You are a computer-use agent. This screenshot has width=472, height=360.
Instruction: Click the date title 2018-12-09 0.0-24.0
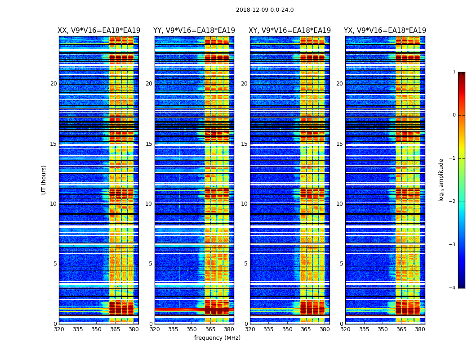point(265,10)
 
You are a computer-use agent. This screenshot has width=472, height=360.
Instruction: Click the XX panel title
point(99,31)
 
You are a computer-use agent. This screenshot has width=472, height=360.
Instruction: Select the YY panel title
point(194,31)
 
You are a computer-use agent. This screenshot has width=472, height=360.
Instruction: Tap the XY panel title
point(290,31)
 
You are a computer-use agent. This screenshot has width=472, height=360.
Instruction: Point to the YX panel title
point(385,31)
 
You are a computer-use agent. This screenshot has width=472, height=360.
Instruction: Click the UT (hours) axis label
point(44,180)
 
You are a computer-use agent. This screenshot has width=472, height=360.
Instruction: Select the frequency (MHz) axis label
point(217,338)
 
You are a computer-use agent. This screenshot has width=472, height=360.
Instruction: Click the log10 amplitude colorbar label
point(441,180)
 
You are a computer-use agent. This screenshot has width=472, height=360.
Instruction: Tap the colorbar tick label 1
point(454,72)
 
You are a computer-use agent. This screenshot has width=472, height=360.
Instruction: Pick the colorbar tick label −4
point(453,288)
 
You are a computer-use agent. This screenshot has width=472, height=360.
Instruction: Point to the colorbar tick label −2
point(453,202)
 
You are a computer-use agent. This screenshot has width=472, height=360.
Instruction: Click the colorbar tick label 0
point(454,115)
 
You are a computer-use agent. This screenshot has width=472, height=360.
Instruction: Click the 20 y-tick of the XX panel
point(53,84)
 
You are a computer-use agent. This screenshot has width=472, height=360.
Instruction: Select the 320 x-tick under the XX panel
point(59,329)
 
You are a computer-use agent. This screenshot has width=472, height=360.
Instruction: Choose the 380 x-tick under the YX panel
point(420,329)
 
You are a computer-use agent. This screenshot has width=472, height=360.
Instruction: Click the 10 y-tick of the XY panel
point(244,204)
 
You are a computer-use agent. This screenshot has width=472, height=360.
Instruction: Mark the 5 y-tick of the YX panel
point(341,264)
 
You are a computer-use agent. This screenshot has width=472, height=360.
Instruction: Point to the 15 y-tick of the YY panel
point(149,144)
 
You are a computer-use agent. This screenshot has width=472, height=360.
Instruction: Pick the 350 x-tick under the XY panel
point(287,329)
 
